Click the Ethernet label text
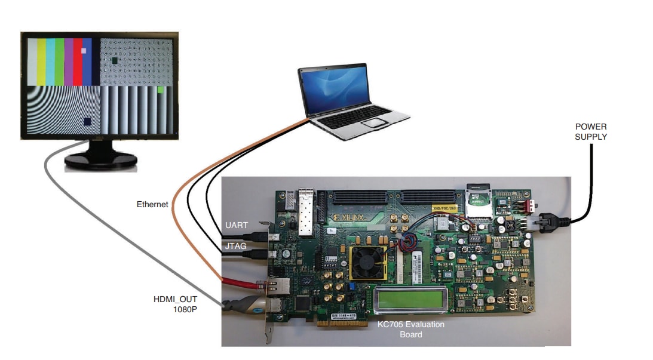[153, 204]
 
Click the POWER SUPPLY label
[590, 131]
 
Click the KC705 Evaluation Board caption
[410, 329]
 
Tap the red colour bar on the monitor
[78, 62]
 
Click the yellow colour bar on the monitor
[41, 62]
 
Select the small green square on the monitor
[161, 90]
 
